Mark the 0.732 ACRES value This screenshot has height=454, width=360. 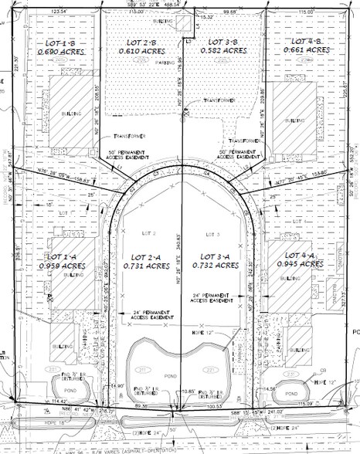click(x=219, y=266)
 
